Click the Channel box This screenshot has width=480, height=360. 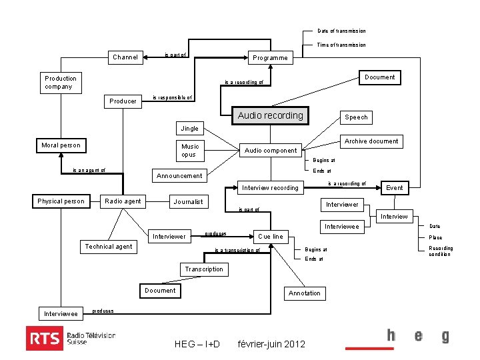tap(125, 57)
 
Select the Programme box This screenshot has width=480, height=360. tap(270, 58)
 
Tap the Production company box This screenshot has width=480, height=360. tap(61, 82)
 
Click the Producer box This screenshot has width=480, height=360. tap(123, 101)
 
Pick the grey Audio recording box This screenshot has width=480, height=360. tap(271, 115)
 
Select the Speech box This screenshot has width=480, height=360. tap(356, 117)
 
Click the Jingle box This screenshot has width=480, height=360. tap(190, 128)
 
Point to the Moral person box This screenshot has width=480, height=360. tap(61, 145)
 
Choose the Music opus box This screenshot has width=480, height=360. tap(189, 150)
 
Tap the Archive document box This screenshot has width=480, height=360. tap(371, 141)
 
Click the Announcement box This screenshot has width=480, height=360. tap(179, 176)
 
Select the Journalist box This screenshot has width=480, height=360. tap(188, 201)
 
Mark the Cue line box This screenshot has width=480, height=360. tap(270, 236)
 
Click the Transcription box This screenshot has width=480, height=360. tap(204, 269)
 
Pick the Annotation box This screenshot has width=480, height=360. tap(305, 293)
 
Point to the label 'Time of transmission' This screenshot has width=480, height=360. tap(341, 45)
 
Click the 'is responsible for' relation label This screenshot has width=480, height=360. tap(172, 97)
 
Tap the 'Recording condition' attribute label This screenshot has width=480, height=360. tap(441, 251)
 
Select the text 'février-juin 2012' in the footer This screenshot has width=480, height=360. tap(271, 344)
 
